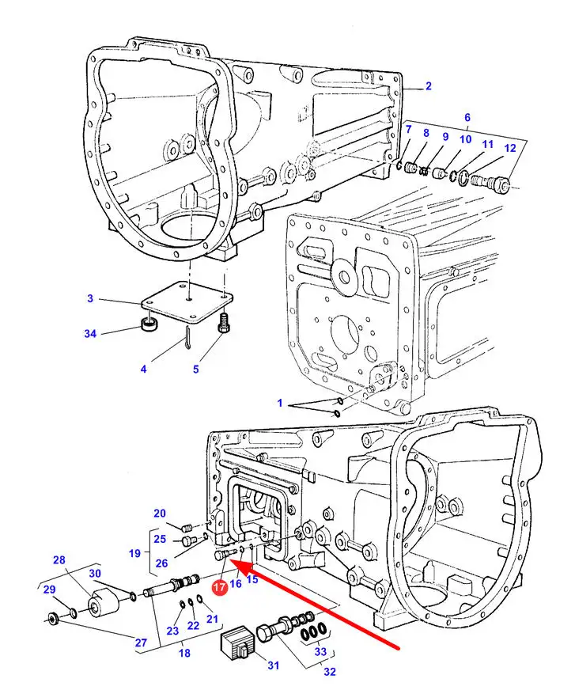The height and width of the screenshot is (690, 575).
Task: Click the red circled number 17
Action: pos(220,587)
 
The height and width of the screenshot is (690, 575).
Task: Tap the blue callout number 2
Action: pos(429,85)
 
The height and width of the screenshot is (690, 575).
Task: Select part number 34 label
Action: pos(90,334)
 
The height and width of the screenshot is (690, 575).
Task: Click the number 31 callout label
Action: pos(273,665)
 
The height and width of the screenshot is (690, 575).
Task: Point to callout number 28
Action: pos(59,559)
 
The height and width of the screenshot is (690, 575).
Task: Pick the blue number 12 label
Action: pos(510,148)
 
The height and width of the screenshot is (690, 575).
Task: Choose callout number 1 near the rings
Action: pos(280,403)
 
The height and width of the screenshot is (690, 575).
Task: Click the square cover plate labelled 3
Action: pos(187,302)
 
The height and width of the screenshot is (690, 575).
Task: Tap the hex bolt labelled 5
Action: pos(224,322)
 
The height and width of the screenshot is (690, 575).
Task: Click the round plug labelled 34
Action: pos(149,324)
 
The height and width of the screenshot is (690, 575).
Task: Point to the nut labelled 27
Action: pos(54,619)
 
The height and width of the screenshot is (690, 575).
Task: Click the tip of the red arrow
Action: pos(229,560)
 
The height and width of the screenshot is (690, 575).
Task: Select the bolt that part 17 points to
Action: pos(225,554)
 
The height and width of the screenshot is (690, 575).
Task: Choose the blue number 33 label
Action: pos(320,651)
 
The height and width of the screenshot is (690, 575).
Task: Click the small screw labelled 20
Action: pos(187,527)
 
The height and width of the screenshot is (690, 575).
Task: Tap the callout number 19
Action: pos(134,553)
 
